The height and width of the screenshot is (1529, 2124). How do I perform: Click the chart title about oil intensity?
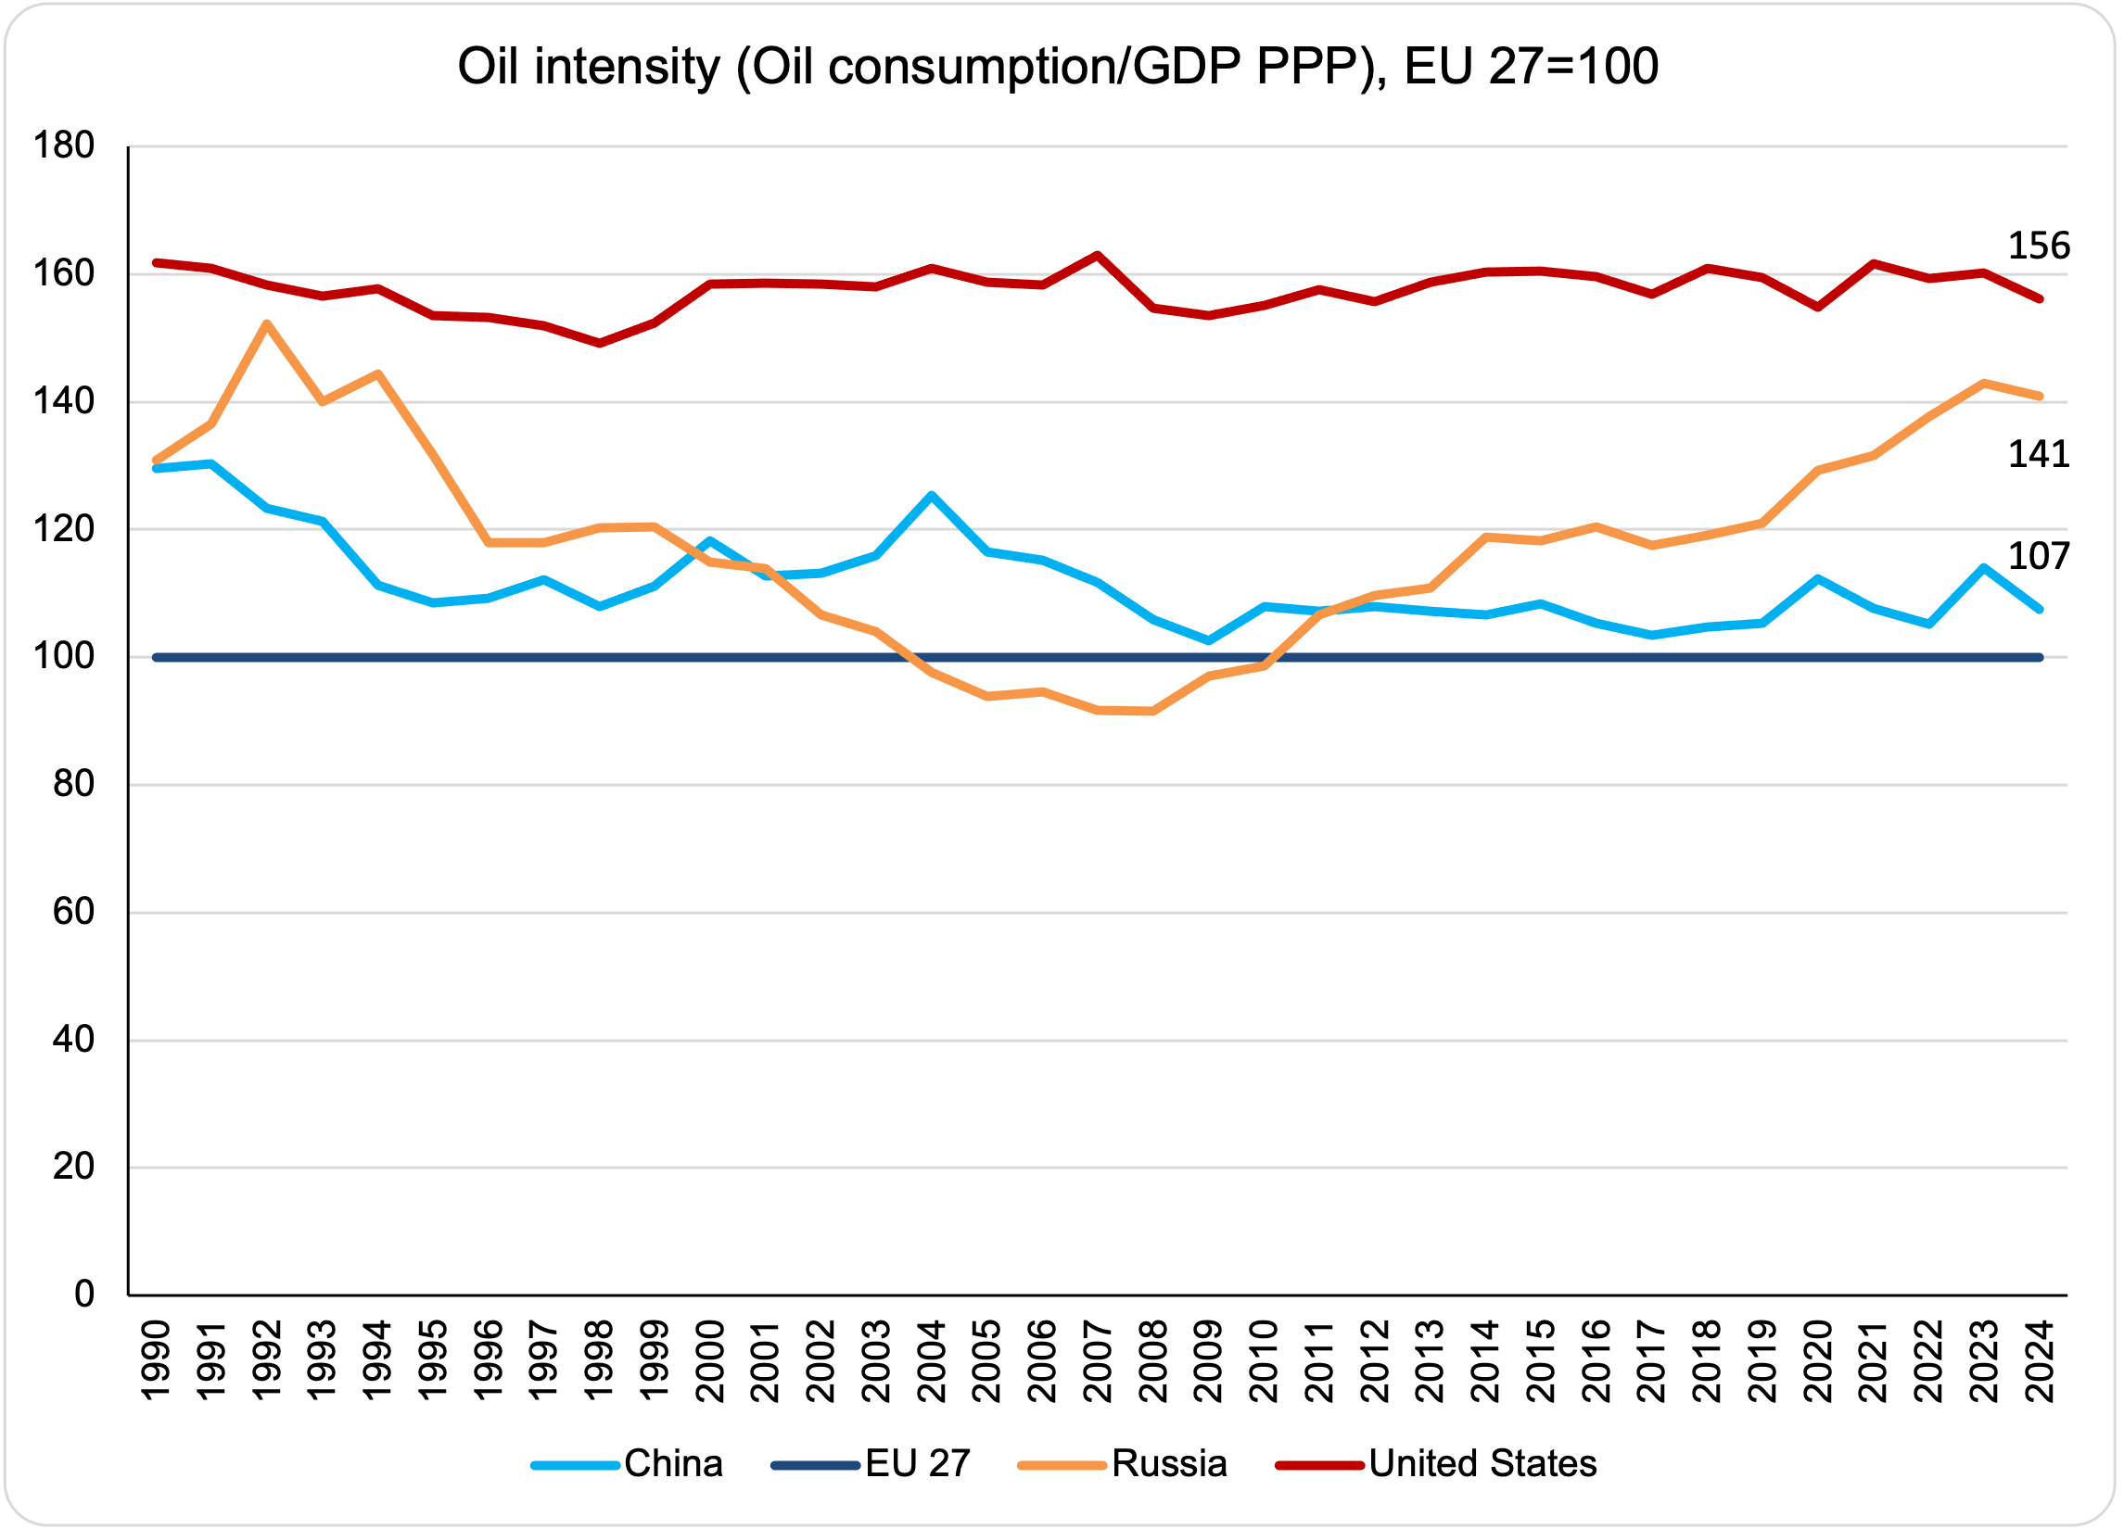pos(1057,68)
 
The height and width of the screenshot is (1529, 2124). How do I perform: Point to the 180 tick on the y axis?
pos(64,146)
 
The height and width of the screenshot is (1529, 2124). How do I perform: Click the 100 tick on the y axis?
pos(64,657)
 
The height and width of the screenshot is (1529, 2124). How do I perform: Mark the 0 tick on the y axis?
pos(84,1295)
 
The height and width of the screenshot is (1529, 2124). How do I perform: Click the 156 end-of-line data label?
pos(2039,246)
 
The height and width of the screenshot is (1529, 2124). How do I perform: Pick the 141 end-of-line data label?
pos(2039,455)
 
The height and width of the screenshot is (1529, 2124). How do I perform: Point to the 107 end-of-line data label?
pos(2039,557)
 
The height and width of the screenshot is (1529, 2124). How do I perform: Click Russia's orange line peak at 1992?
pos(267,324)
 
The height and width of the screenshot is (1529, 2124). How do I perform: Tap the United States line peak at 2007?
pos(1097,255)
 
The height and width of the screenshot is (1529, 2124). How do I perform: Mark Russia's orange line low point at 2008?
pos(1151,712)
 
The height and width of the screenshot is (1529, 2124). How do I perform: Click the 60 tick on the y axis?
pos(74,912)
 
